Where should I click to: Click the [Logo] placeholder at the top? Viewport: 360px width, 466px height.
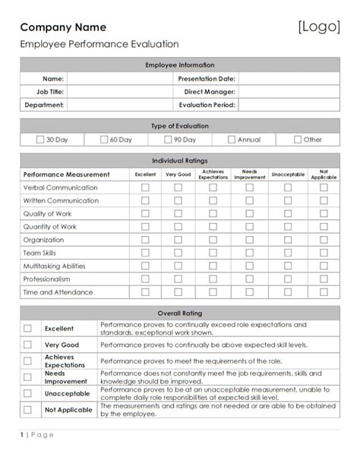coord(319,27)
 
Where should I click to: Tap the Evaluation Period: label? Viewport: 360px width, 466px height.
coord(207,105)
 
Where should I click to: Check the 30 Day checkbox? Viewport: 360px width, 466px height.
coord(40,140)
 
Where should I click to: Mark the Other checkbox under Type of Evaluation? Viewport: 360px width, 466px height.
coord(297,140)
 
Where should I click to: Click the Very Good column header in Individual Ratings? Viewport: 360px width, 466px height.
coord(178,175)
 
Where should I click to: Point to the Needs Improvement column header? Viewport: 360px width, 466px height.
coord(249,175)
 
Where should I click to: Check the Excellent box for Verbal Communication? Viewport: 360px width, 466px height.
coord(145,187)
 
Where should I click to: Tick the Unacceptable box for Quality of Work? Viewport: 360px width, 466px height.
coord(287,214)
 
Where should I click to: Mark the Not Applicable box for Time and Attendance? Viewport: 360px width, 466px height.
coord(324,292)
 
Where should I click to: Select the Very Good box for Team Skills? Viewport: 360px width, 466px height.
coord(178,253)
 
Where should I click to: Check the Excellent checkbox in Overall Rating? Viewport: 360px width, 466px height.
coord(27,329)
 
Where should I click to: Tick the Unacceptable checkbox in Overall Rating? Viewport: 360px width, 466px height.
coord(27,393)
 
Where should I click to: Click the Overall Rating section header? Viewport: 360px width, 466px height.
coord(180,313)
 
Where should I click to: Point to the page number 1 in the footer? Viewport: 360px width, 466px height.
coord(22,455)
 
